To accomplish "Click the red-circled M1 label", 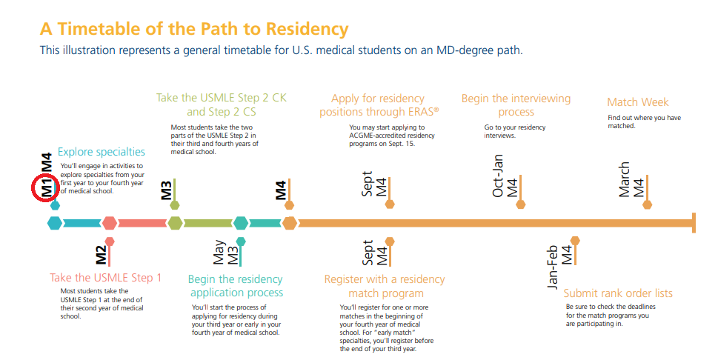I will point(46,188).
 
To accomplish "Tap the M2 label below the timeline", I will point(101,256).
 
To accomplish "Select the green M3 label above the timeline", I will point(167,190).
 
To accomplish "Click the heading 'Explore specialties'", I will point(102,152).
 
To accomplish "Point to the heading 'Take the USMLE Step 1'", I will point(105,278).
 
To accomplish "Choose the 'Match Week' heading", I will point(637,102).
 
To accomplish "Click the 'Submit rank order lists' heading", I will point(618,293).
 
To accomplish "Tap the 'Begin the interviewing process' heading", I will point(516,105).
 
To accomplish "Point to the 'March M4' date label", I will point(631,179).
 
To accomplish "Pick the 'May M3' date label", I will point(225,253).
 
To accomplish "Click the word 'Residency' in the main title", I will point(307,29).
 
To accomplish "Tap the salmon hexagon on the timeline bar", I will point(110,222).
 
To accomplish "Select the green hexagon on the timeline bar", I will point(175,222).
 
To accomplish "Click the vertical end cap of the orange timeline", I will point(693,222).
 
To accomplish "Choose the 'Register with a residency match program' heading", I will point(385,286).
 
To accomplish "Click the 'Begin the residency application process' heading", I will point(236,286).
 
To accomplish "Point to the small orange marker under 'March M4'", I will point(648,204).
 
